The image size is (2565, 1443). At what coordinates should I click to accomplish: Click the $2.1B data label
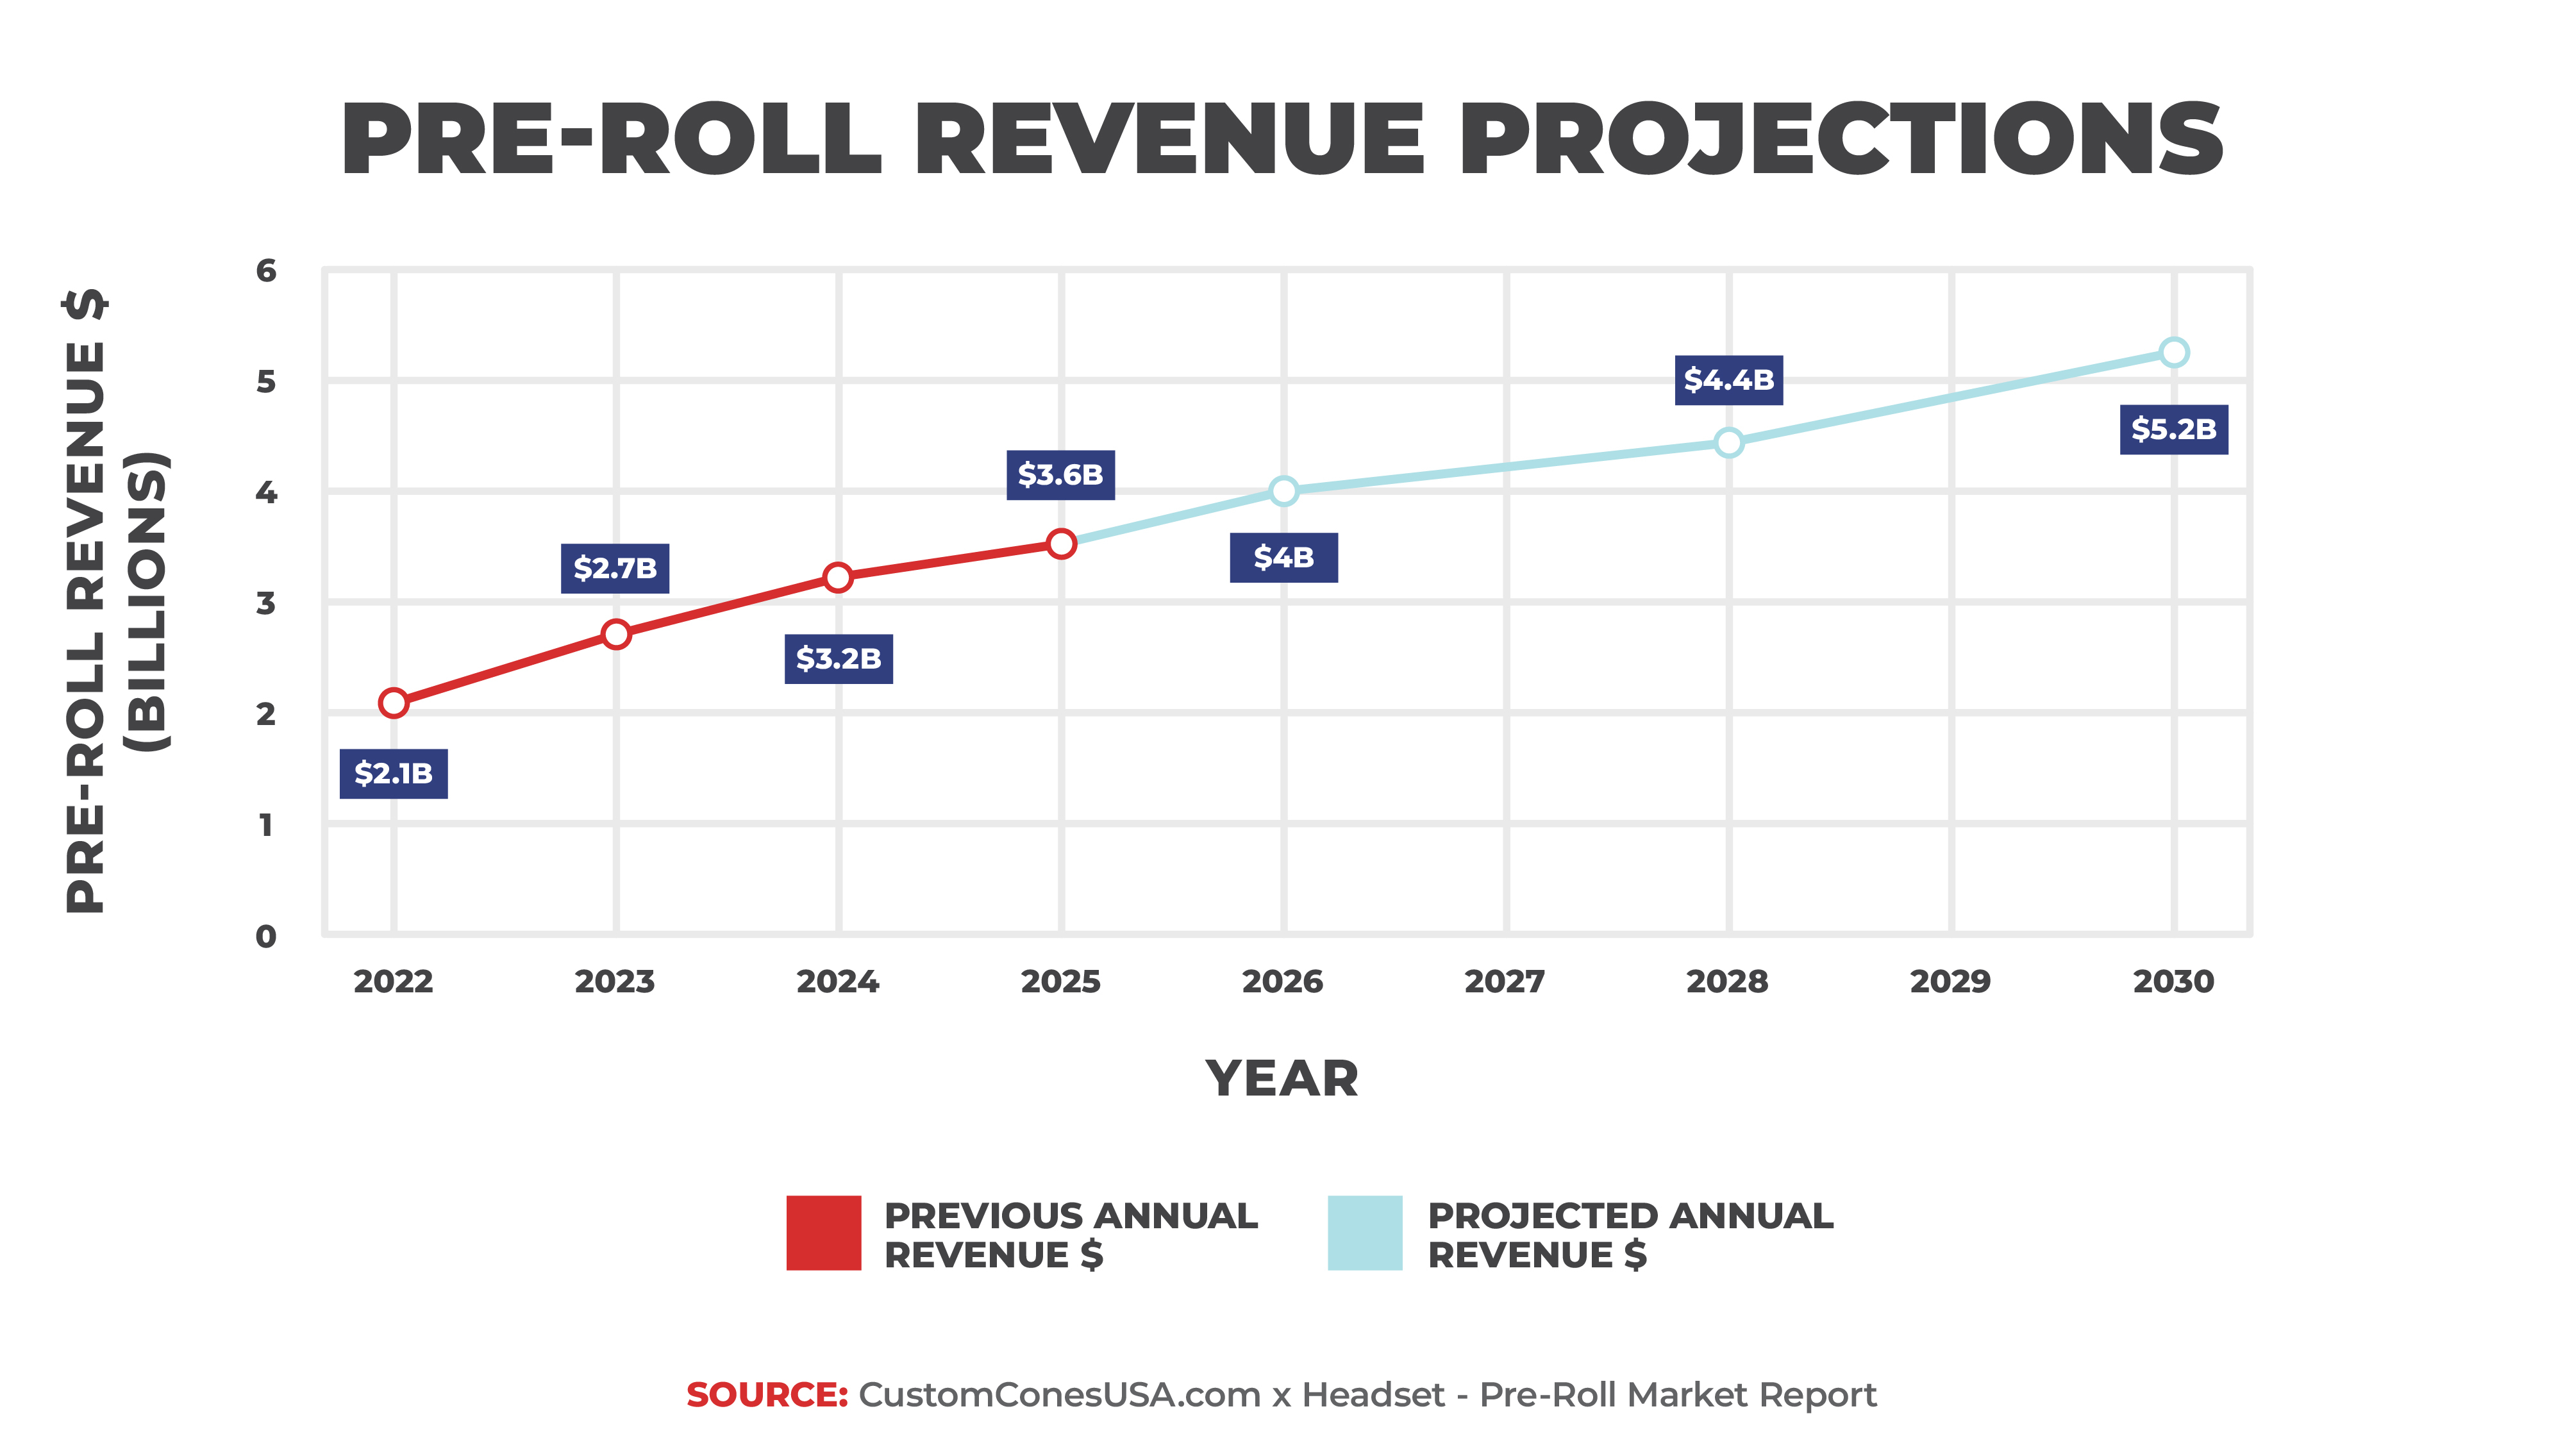(394, 773)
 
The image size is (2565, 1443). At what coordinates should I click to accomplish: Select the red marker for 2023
(616, 635)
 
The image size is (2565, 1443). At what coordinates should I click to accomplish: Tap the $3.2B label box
(839, 658)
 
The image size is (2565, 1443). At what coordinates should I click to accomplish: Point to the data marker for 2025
(1062, 544)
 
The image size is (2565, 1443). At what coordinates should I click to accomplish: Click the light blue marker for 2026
(1283, 491)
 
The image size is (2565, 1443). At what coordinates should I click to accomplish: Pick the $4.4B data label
(1728, 380)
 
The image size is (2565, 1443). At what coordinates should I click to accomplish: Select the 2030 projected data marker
(2174, 353)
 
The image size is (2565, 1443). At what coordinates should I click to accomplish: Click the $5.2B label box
(2174, 430)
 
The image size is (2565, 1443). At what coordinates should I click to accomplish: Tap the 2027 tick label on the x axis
(1505, 982)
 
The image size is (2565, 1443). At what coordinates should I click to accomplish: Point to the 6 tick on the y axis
(266, 271)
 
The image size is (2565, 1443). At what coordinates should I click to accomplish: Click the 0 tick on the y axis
(266, 936)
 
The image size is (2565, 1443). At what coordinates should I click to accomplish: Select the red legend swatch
(823, 1233)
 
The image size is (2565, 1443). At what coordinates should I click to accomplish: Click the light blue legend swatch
(1365, 1233)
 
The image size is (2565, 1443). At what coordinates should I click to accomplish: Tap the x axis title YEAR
(1282, 1078)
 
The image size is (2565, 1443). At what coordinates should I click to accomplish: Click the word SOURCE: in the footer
(767, 1395)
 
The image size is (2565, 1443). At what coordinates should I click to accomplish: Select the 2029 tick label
(1950, 982)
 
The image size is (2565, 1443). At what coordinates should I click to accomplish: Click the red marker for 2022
(394, 703)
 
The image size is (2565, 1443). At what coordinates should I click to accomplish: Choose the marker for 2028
(1728, 442)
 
